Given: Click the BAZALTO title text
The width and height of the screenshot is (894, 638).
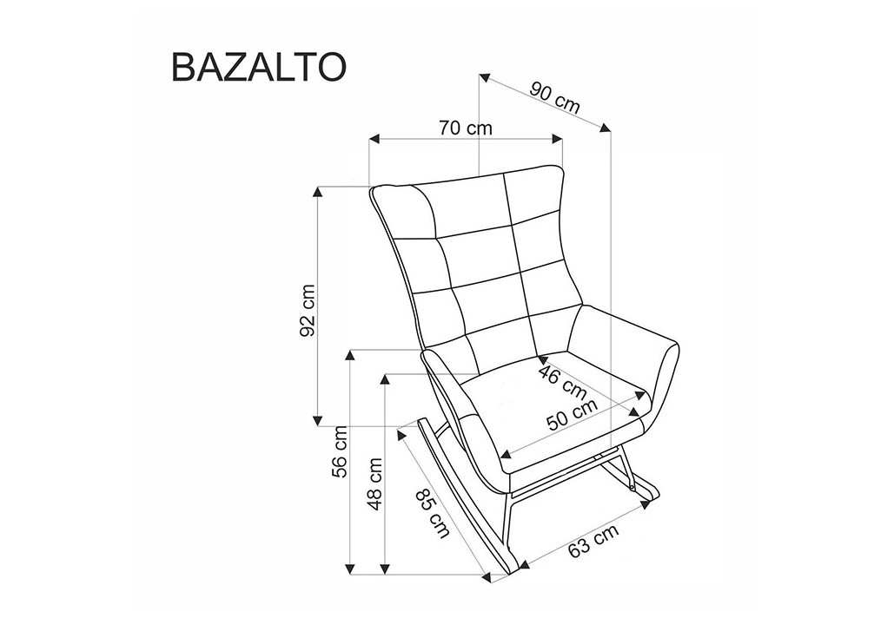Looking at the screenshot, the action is point(258,67).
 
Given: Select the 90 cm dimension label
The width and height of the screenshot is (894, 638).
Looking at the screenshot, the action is point(555,97).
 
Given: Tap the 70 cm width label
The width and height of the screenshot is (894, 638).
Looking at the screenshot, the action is point(466,128).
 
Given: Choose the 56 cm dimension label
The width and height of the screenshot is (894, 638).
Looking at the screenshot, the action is point(341,451).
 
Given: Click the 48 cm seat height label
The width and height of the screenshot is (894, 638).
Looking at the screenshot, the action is point(374,484).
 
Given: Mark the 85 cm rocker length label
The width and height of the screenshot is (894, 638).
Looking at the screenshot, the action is point(433,515).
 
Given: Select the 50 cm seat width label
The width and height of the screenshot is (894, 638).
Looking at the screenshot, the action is point(572,414).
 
